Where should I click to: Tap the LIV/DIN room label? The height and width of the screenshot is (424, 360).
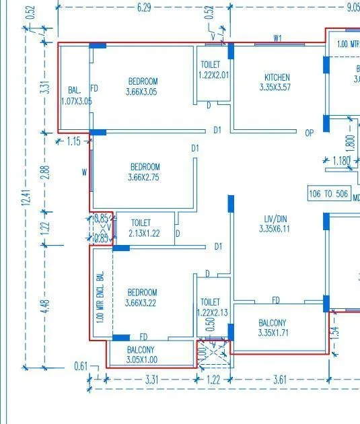pos(276,223)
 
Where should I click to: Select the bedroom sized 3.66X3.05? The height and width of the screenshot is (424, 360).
pos(142,87)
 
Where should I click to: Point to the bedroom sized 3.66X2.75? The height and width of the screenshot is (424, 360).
pos(145,172)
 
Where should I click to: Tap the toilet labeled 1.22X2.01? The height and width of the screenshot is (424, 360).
pos(213,70)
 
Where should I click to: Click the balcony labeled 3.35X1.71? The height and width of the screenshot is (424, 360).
pos(272,328)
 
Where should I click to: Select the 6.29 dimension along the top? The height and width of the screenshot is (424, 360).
pos(144,7)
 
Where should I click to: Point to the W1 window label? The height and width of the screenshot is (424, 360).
pos(277,38)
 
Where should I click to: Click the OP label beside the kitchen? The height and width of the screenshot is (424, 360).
pos(310,133)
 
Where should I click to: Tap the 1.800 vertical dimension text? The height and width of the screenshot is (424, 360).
pos(349,143)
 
